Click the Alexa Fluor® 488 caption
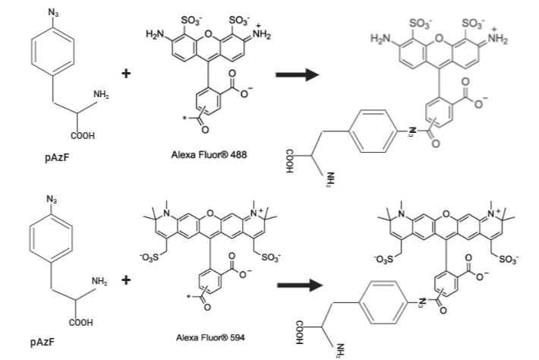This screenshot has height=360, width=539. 209,154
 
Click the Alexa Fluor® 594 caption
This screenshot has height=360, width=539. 210,337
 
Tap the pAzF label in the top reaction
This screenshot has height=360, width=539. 57,157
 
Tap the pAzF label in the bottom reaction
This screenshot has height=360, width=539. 43,342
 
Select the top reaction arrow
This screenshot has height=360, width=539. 298,74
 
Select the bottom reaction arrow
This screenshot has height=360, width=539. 300,285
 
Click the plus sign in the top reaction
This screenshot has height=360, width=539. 126,73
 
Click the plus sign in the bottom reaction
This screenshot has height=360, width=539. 126,280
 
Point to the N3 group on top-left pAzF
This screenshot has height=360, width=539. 53,13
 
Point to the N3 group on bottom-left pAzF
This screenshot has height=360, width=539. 52,199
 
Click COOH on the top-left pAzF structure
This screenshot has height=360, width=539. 83,136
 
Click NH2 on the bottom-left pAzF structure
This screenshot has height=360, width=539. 99,281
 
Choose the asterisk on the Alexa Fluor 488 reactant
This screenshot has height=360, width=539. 184,118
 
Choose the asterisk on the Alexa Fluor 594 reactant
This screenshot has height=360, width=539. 188,296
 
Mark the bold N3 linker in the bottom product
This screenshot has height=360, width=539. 421,302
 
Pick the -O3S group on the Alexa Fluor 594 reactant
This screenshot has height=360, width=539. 150,257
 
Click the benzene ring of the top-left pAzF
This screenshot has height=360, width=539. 52,51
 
